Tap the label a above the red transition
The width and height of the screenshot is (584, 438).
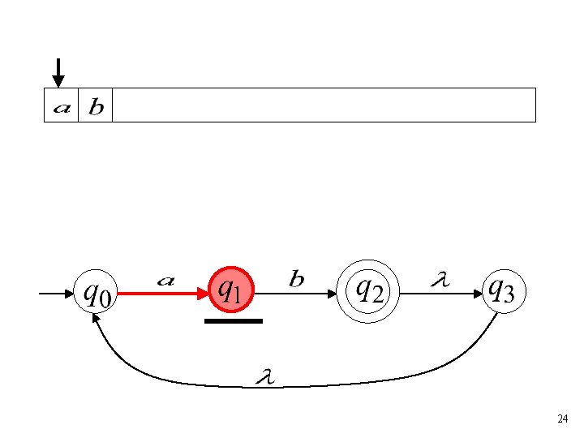click(165, 281)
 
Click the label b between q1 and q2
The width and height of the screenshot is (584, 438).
click(297, 280)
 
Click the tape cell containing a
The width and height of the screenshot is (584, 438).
click(61, 105)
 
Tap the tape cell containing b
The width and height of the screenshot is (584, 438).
click(95, 105)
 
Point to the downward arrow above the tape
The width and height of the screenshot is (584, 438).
click(58, 73)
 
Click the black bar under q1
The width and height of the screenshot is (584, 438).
click(234, 321)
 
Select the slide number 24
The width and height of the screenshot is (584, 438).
click(562, 419)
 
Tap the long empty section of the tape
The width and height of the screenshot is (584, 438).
click(324, 105)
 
